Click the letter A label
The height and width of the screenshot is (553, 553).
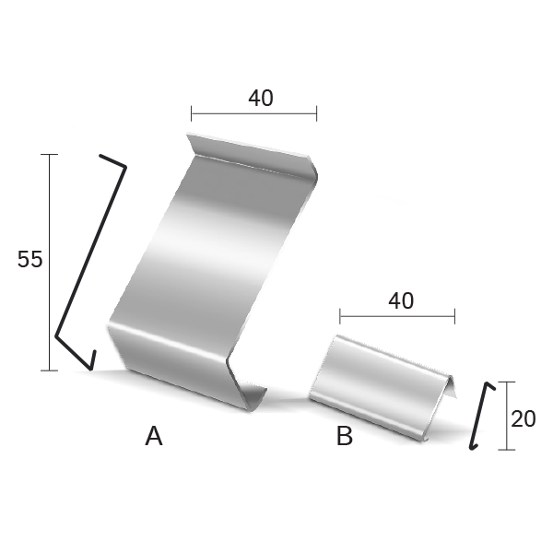pyautogui.click(x=154, y=436)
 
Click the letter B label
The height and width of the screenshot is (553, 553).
pyautogui.click(x=345, y=436)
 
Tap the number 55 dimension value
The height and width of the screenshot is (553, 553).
pyautogui.click(x=30, y=259)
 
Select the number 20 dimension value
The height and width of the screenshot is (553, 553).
pyautogui.click(x=523, y=419)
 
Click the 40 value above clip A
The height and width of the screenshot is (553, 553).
pyautogui.click(x=261, y=98)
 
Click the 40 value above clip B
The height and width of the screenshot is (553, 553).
pyautogui.click(x=401, y=301)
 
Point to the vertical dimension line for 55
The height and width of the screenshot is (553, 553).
pyautogui.click(x=50, y=263)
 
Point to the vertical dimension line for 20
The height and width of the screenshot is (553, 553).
pyautogui.click(x=507, y=416)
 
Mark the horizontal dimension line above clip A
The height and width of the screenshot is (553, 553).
pyautogui.click(x=254, y=113)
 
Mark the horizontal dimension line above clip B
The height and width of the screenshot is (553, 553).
pyautogui.click(x=397, y=316)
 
